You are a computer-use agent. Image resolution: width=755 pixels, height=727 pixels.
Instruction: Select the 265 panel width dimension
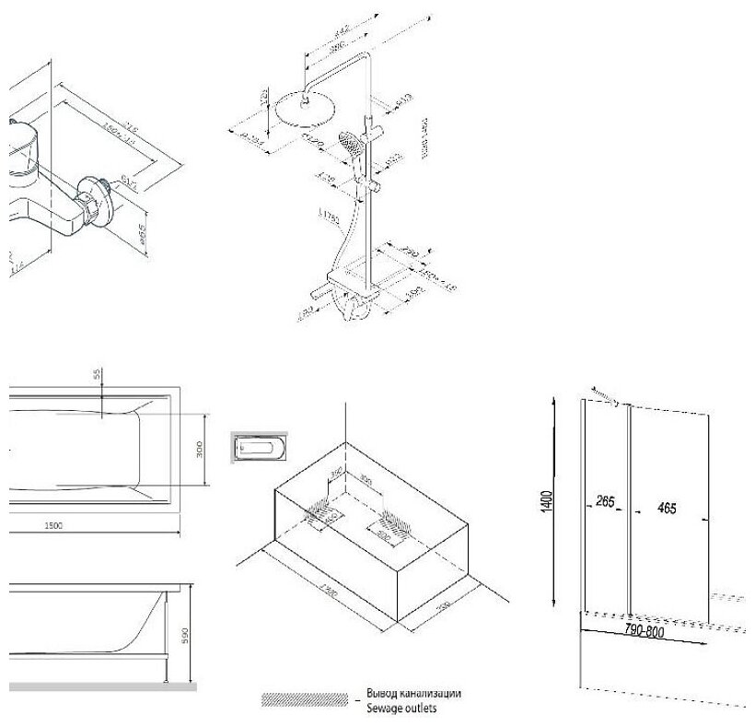click(604, 502)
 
